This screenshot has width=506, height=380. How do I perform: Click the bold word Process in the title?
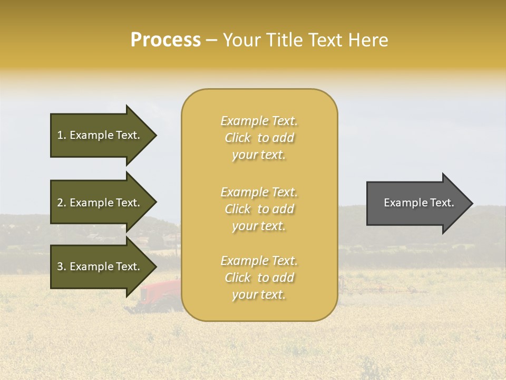point(166,40)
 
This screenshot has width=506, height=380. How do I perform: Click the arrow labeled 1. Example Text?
point(100,135)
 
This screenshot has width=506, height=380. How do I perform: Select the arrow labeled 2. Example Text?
point(100,203)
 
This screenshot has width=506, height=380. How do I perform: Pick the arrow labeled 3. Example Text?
point(100,267)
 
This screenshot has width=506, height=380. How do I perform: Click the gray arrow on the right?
point(416,203)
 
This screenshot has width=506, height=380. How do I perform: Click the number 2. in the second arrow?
point(62,203)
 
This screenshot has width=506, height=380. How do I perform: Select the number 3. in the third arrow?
point(62,267)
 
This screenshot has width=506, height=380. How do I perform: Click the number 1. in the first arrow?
point(62,135)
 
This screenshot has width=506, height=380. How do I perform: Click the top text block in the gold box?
point(259,138)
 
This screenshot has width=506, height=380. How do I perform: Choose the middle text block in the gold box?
point(259,209)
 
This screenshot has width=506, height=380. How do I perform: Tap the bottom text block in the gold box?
point(259,278)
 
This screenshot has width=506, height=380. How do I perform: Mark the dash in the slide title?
point(211,41)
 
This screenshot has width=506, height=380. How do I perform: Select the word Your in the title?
point(241,40)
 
